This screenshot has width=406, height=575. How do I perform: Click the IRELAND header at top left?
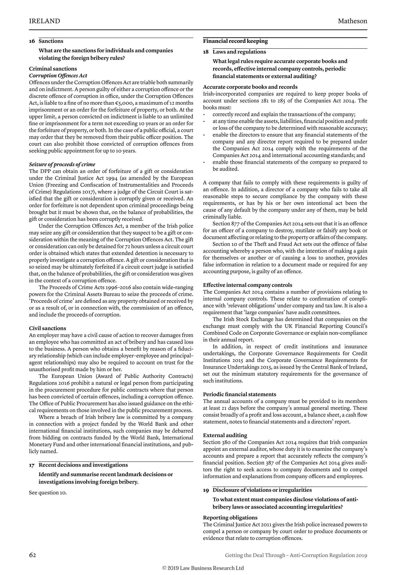click(x=44, y=21)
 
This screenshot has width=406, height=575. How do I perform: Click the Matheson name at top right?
click(x=352, y=21)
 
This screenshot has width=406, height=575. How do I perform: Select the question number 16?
click(x=32, y=41)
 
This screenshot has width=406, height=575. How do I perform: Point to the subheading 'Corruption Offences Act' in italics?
click(x=58, y=75)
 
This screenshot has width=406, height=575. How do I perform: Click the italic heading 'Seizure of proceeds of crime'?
click(x=62, y=164)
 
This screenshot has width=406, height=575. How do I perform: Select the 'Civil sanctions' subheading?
click(x=48, y=328)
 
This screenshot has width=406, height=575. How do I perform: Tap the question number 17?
click(x=32, y=465)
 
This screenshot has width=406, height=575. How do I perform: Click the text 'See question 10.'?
click(x=48, y=493)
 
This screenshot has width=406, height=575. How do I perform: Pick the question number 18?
click(x=206, y=52)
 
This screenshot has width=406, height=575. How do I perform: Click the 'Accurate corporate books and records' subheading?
click(x=250, y=87)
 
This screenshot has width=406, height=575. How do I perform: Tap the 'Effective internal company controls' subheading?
click(x=247, y=285)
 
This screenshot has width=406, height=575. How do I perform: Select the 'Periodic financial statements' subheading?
click(x=239, y=394)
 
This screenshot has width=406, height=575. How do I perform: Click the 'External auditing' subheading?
click(x=225, y=435)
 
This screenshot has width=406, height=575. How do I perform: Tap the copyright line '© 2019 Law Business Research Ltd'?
click(x=203, y=568)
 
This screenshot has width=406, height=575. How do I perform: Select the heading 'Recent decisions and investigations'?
click(x=83, y=465)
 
